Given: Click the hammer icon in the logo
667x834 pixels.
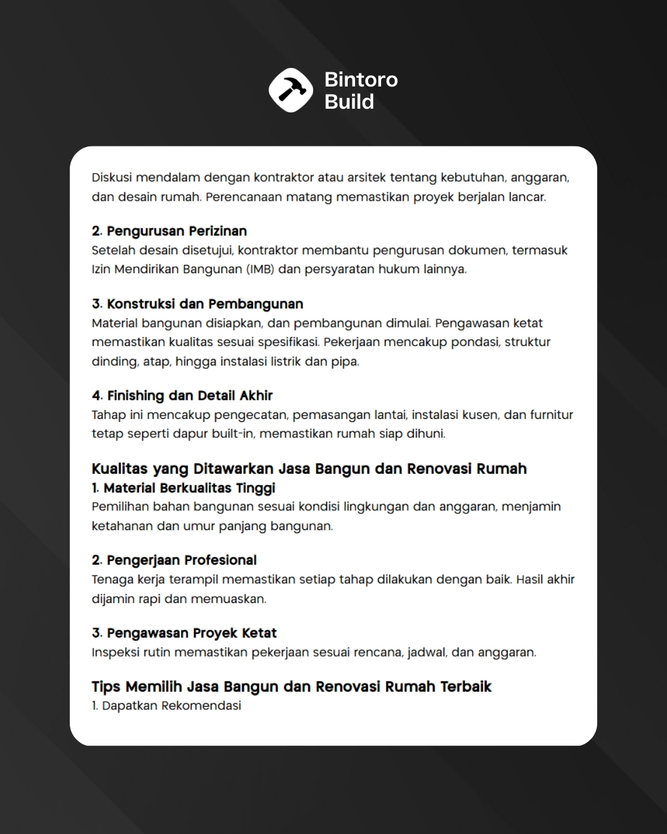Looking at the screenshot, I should click(291, 90).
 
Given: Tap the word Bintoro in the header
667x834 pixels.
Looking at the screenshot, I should click(361, 80).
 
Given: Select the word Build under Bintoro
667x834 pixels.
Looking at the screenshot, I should click(349, 101).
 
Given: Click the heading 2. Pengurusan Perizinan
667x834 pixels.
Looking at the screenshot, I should click(169, 231).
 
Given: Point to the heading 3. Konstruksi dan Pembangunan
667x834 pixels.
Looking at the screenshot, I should click(198, 304).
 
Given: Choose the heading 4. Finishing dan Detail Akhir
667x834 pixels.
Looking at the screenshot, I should click(182, 395).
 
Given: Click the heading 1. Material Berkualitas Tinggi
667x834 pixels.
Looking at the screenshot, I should click(183, 488).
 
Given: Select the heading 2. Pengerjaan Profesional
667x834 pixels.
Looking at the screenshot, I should click(174, 560).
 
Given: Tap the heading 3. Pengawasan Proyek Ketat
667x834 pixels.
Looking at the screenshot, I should click(184, 633).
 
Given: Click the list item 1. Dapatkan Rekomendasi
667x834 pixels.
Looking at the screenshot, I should click(167, 706).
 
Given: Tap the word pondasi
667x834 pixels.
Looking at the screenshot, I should click(474, 342).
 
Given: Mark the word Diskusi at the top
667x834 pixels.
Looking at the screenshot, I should click(111, 178).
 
